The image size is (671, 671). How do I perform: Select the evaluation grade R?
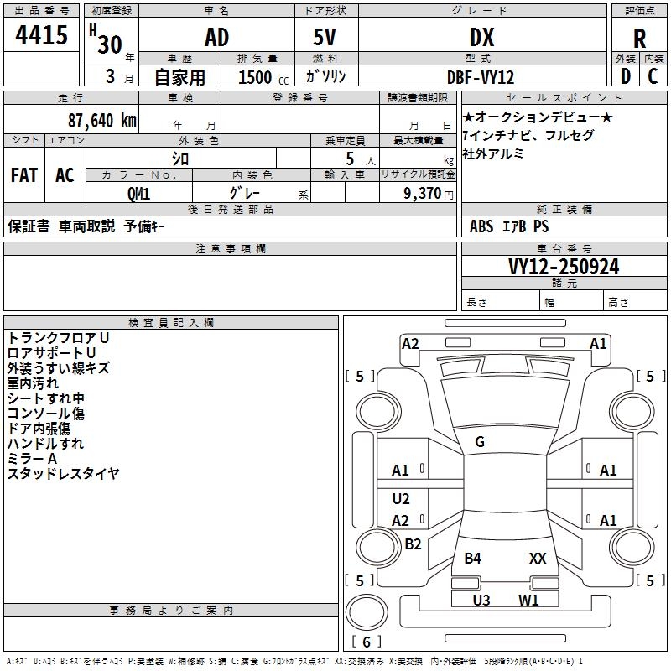(639, 39)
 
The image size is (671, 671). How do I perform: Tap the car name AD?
(216, 38)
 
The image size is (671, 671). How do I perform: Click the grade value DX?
(481, 38)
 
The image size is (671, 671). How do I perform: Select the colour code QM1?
(139, 192)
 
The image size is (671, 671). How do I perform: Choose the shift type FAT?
(24, 174)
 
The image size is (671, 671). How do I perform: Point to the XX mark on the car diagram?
(538, 558)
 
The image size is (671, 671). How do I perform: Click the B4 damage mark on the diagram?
(473, 558)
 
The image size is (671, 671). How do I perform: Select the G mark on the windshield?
(480, 442)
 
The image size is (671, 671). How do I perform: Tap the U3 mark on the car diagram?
(481, 600)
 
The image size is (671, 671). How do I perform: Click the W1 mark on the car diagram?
(528, 600)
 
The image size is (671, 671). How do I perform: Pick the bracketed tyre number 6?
(366, 642)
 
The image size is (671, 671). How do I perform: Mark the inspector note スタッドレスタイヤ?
(63, 474)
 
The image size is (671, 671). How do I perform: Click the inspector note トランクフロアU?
(58, 337)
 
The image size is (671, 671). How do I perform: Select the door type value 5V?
(326, 38)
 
